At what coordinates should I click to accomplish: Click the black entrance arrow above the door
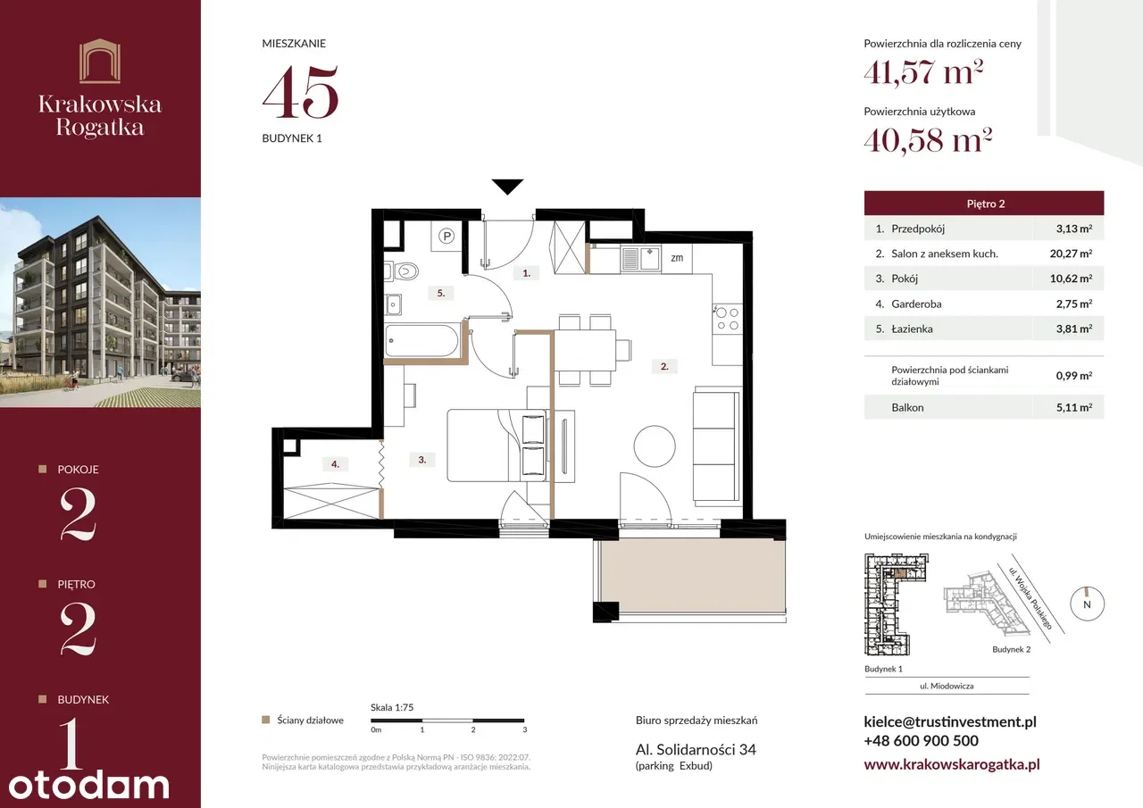point(508,187)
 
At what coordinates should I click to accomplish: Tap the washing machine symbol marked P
point(446,236)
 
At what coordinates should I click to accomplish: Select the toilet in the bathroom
point(402,271)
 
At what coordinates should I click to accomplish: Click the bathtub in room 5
point(421,340)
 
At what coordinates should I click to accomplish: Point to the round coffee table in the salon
point(655,446)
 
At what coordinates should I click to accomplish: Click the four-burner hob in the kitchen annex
point(727,319)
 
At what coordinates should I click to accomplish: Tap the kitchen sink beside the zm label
point(640,259)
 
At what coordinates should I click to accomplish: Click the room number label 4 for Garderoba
point(335,464)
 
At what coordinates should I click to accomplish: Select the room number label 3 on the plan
point(422,460)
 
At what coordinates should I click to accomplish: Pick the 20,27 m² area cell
point(1071,254)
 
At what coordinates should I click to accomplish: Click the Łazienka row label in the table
point(912,329)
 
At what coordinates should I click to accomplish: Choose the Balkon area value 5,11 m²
point(1074,407)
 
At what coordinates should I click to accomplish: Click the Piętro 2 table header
point(984,204)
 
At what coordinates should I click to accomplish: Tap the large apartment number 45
point(301,91)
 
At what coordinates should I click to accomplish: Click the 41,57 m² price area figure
point(923,72)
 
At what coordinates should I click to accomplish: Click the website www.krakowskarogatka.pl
point(952,764)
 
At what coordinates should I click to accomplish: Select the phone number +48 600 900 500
point(921,741)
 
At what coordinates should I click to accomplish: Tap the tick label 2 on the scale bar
point(473,730)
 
